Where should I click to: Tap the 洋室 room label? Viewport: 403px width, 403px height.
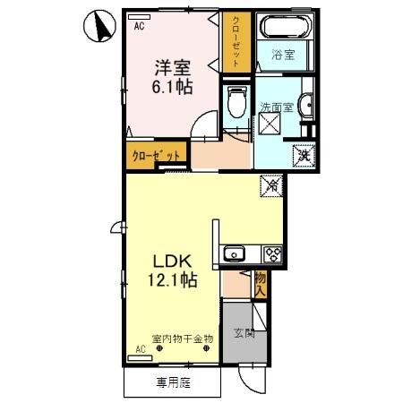point(170,67)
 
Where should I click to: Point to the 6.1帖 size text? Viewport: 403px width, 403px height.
point(170,88)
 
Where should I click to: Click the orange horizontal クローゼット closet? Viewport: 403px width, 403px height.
point(157,155)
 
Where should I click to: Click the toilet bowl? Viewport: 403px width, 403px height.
point(236,106)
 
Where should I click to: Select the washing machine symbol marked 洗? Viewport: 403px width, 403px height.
point(304,154)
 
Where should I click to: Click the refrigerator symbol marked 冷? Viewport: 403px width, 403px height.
point(271,185)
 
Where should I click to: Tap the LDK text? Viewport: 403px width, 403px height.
point(170,262)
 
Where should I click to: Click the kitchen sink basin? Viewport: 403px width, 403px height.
point(234,253)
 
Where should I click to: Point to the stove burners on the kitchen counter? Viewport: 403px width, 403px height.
point(270,253)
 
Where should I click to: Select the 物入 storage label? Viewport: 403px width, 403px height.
point(261,284)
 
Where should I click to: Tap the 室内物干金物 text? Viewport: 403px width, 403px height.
point(183,338)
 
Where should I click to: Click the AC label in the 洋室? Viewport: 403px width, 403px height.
point(140,27)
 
